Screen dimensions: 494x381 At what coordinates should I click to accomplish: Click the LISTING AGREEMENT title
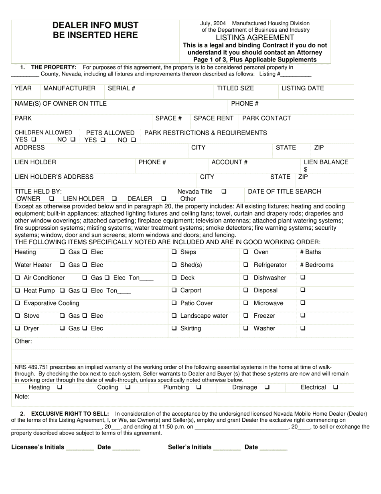click(x=255, y=37)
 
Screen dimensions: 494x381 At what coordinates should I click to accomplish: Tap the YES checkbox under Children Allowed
click(x=34, y=139)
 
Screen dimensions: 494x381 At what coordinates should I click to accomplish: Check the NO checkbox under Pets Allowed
click(x=134, y=140)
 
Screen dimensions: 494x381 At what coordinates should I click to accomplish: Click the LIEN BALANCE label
click(x=326, y=162)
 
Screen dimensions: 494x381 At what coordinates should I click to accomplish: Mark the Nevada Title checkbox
click(x=224, y=192)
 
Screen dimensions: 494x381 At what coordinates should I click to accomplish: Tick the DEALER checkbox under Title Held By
click(x=164, y=199)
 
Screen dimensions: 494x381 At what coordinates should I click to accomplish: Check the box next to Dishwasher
click(x=246, y=278)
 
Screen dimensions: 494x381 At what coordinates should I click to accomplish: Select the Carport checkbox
click(x=174, y=290)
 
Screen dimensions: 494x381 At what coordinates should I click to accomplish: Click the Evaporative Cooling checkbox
click(x=17, y=303)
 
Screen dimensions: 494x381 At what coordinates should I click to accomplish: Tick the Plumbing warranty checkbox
click(x=199, y=388)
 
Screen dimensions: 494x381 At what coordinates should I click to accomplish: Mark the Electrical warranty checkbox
click(x=336, y=388)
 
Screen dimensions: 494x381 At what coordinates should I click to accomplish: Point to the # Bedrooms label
click(x=316, y=265)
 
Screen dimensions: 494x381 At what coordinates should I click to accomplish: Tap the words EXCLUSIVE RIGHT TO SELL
click(x=70, y=413)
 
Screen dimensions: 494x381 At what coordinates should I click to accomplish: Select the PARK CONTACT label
click(x=266, y=118)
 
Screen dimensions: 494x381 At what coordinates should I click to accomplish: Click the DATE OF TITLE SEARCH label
click(x=284, y=192)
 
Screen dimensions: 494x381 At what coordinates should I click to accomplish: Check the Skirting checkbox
click(x=174, y=329)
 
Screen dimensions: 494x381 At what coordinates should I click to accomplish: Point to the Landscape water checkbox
click(x=174, y=316)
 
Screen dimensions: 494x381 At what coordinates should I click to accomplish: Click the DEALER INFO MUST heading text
click(x=95, y=25)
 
